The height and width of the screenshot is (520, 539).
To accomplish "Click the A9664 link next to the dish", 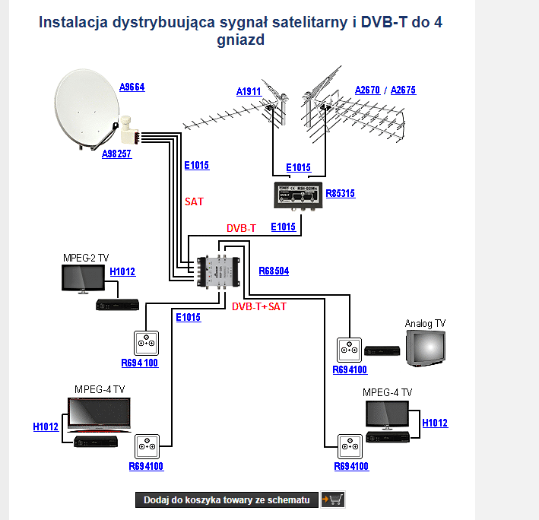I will [132, 87].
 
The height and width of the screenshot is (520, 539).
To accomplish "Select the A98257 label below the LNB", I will [116, 154].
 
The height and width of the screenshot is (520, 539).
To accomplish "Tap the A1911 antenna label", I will [248, 92].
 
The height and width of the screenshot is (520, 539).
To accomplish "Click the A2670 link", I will [368, 90].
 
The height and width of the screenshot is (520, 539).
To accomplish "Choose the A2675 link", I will [403, 90].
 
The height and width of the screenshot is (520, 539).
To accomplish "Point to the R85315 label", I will [340, 194].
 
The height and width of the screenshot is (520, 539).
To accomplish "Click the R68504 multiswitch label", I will [274, 271].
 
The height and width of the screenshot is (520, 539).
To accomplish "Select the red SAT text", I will [195, 202].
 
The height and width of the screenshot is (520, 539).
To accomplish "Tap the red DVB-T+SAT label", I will [259, 306].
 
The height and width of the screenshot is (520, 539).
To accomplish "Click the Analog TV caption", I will [425, 323].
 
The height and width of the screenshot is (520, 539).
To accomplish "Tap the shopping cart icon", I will [332, 499].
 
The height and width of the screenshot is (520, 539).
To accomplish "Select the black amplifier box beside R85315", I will [297, 195].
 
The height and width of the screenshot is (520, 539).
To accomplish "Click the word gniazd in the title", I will [240, 40].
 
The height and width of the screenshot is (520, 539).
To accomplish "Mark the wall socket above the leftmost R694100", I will [144, 341].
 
